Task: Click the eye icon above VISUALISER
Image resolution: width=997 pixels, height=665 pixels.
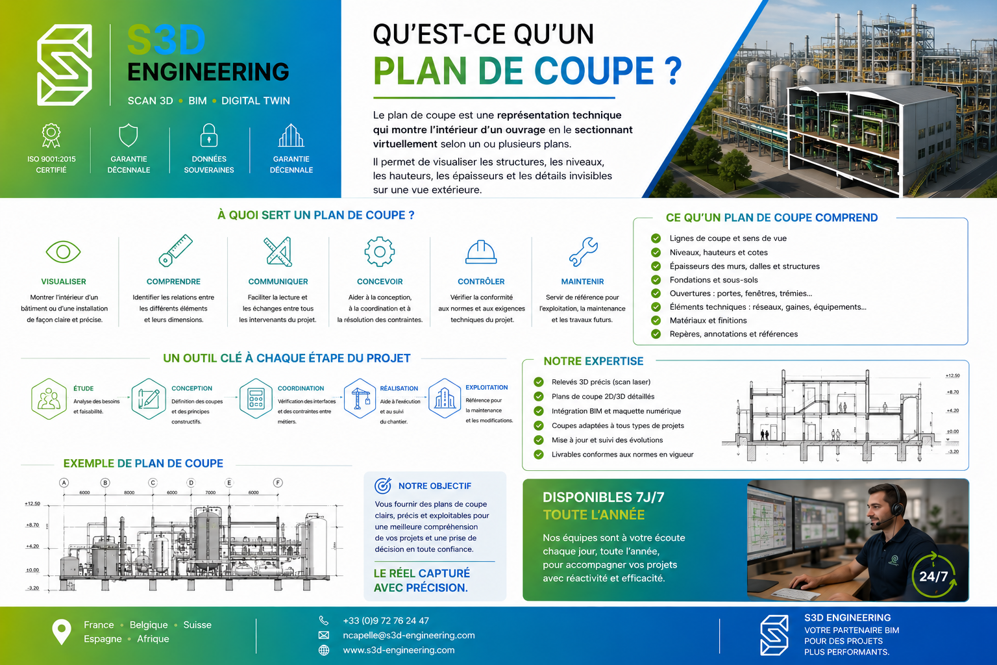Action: tap(63, 252)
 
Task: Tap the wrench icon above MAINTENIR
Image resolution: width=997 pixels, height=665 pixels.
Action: tap(583, 252)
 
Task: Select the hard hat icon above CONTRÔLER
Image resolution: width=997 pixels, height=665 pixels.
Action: tap(481, 252)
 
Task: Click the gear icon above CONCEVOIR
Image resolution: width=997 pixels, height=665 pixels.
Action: tap(380, 252)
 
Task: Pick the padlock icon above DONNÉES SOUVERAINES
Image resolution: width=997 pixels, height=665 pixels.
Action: tap(209, 136)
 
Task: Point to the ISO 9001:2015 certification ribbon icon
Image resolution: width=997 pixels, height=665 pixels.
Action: tap(51, 136)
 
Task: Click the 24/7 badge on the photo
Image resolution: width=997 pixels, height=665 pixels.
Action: tap(933, 575)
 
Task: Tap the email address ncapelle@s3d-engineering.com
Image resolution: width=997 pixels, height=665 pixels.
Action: tap(408, 635)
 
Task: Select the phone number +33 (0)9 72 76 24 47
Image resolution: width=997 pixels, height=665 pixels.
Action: tap(386, 620)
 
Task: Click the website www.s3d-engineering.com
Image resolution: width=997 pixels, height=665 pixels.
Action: tap(399, 650)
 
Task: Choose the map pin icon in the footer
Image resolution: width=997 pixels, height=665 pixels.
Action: tap(62, 632)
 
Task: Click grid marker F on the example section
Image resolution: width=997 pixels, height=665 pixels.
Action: tap(278, 483)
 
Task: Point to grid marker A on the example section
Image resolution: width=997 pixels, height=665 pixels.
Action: tap(64, 483)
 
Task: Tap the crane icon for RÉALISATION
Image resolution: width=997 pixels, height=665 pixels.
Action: tap(360, 398)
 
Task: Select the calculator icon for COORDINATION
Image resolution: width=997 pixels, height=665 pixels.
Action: tap(256, 398)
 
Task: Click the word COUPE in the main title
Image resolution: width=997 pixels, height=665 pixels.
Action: tap(594, 70)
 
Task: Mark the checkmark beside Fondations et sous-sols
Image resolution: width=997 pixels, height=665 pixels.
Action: tap(656, 280)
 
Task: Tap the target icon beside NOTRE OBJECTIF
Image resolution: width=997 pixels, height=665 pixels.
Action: tap(383, 486)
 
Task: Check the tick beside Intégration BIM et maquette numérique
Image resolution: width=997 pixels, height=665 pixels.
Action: tap(539, 411)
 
